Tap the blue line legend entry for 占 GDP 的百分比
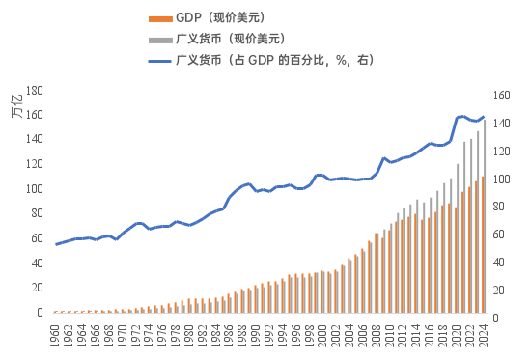[x=275, y=60]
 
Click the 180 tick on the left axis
[x=34, y=90]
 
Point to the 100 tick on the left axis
[x=34, y=189]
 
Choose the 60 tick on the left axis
[x=37, y=238]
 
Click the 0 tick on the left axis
[x=40, y=313]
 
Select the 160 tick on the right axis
[x=501, y=96]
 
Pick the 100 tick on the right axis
[x=501, y=180]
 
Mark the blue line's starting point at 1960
[x=56, y=244]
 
